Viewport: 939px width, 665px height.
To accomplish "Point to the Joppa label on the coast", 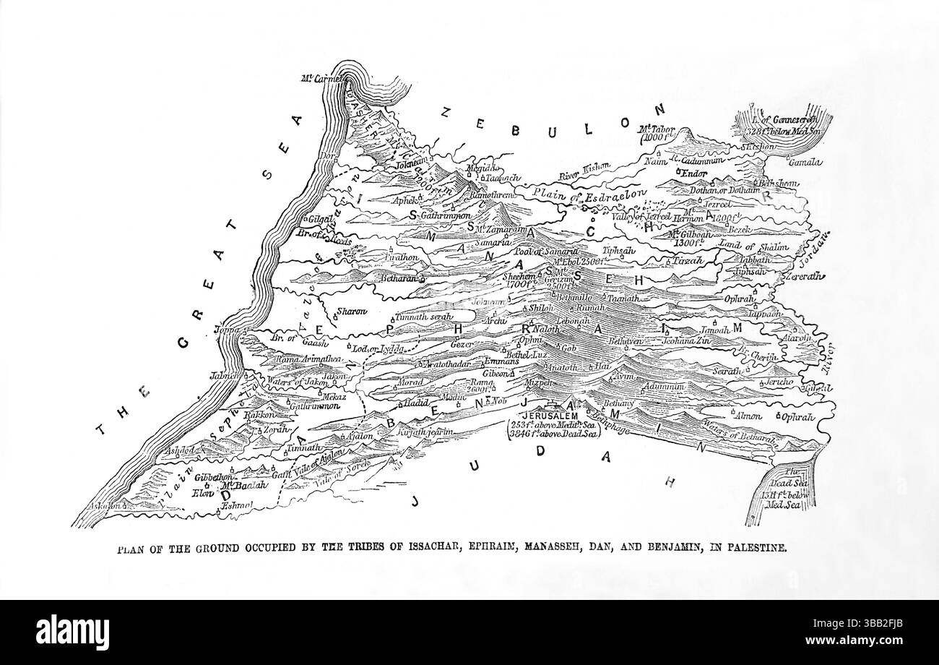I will click(x=226, y=330).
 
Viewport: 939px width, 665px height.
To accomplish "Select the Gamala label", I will click(x=805, y=163).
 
